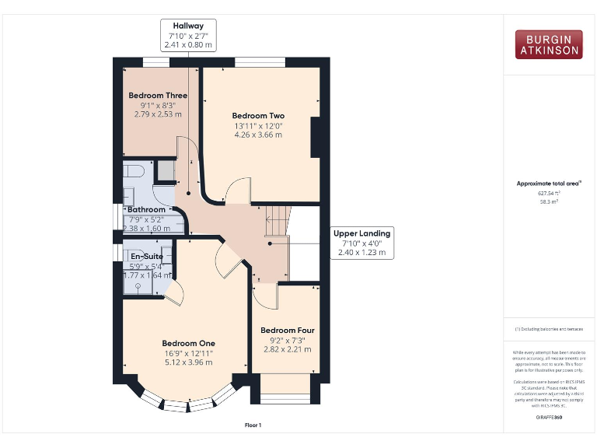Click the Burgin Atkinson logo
click(x=548, y=44)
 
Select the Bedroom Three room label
click(x=158, y=96)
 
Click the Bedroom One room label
click(x=188, y=343)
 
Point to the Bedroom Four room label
click(x=287, y=330)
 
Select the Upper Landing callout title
click(x=361, y=233)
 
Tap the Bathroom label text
click(x=146, y=210)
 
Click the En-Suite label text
click(x=145, y=256)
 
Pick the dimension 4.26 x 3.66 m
click(x=258, y=135)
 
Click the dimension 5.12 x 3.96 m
click(x=188, y=362)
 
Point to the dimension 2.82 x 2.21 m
click(x=287, y=349)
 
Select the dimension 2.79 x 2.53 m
click(x=158, y=114)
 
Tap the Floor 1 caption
click(x=253, y=425)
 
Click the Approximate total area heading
click(x=549, y=184)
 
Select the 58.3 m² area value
click(x=549, y=201)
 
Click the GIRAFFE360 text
click(x=549, y=418)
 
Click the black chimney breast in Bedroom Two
click(x=315, y=138)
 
